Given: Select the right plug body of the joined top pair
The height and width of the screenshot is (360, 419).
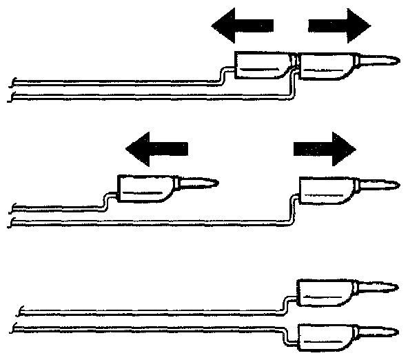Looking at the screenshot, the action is [x=327, y=68].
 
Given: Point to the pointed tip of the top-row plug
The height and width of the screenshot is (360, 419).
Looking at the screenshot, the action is [x=389, y=61].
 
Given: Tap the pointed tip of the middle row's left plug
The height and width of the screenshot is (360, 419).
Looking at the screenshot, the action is [x=210, y=183].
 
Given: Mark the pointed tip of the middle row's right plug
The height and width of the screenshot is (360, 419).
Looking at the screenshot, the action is [x=391, y=185].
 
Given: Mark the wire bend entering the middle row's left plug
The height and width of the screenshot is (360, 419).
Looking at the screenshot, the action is [x=108, y=201].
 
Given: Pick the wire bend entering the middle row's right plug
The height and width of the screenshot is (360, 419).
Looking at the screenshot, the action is [x=292, y=207].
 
